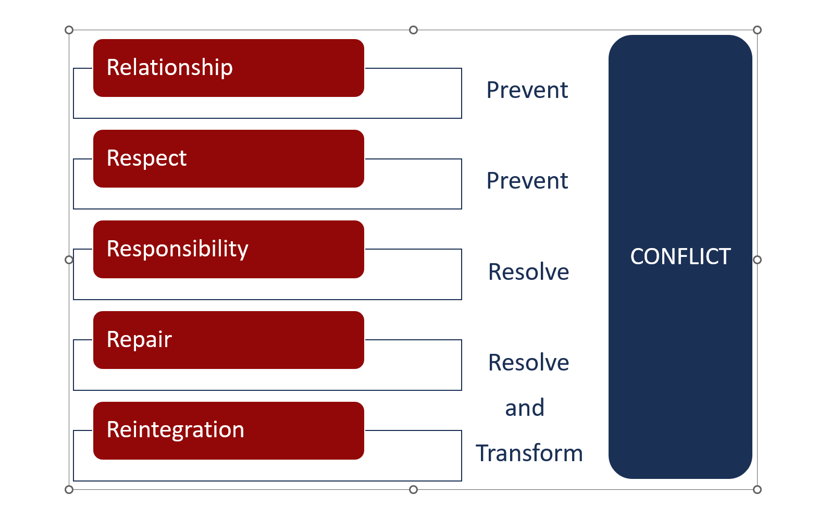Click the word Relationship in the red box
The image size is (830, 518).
point(170,67)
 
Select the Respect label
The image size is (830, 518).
point(147,158)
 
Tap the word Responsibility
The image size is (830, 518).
point(178,249)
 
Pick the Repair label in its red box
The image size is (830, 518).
point(139,339)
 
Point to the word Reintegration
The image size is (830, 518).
point(176,430)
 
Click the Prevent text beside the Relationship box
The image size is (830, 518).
point(527,90)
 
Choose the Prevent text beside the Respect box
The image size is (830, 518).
point(527,181)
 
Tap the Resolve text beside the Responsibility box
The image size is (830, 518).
point(529,272)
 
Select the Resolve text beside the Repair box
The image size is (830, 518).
point(529,362)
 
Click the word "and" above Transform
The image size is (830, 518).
point(525,408)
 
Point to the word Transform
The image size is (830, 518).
point(529,453)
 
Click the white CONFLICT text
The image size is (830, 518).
point(680,256)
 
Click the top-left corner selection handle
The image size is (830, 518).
point(69,30)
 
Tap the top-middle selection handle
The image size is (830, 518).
point(414,30)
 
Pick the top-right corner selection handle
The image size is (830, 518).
point(758,30)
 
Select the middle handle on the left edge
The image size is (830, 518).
point(69,260)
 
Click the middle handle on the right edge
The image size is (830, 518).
point(758,260)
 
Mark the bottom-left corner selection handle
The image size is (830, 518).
point(69,489)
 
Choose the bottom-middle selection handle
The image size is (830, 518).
point(414,489)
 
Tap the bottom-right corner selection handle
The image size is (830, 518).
point(758,489)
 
